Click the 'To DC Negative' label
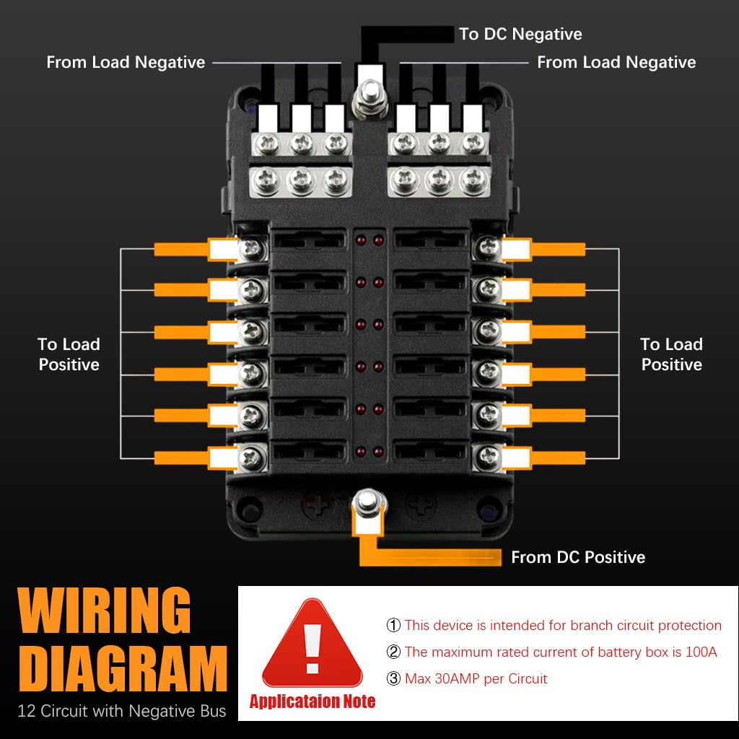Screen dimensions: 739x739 (x=520, y=34)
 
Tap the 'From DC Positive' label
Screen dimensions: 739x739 (x=577, y=557)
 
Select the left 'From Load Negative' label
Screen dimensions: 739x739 (x=126, y=63)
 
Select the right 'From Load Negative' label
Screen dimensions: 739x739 (x=616, y=63)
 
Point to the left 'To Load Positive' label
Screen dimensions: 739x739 (x=69, y=354)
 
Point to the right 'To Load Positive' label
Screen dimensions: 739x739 (x=671, y=354)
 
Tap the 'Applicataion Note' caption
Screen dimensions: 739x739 (x=312, y=701)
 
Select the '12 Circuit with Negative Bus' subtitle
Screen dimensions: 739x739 (x=122, y=712)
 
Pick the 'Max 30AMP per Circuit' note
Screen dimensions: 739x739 (x=476, y=679)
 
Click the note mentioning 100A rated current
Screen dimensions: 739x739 (x=560, y=652)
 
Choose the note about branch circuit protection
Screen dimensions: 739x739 (x=562, y=626)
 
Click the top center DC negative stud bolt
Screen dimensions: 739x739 (x=369, y=95)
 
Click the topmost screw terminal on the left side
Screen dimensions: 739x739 (x=252, y=249)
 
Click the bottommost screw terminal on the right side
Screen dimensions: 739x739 (x=488, y=455)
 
